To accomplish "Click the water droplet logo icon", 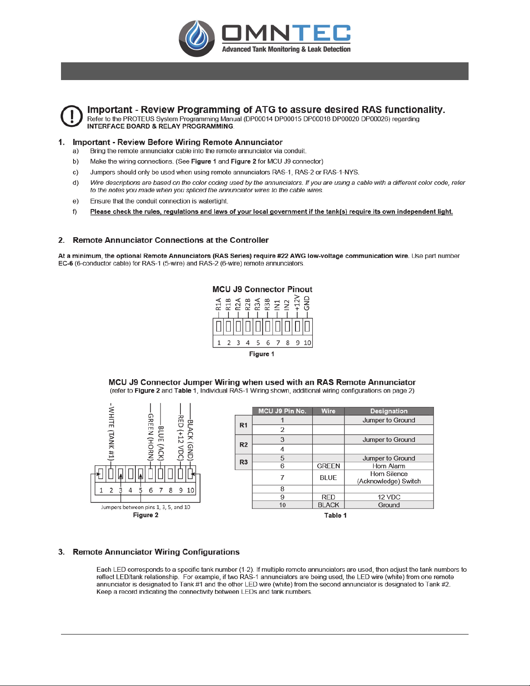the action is click(196, 38).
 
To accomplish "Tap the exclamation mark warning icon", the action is click(72, 116).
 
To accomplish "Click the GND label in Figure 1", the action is click(307, 303).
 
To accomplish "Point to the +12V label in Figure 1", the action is click(297, 303).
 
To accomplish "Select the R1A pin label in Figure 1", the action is click(218, 304).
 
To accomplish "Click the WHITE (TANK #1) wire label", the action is click(111, 432).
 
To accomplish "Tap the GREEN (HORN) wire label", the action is click(151, 437).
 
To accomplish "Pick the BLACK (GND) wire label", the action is click(190, 439).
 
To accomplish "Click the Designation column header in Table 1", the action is click(389, 411).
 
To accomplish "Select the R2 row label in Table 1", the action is click(243, 444).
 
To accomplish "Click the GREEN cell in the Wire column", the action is click(328, 466).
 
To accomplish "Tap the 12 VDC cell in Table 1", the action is click(389, 497).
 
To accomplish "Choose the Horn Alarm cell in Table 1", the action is click(389, 466).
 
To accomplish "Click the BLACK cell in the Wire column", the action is click(328, 505).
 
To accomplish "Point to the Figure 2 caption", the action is click(145, 515).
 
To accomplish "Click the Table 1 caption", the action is click(335, 515).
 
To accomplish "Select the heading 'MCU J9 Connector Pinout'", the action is click(262, 289).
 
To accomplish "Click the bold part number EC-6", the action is click(66, 263).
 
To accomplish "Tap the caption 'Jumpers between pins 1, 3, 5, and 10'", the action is click(145, 507).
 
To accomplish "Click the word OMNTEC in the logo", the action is click(286, 33).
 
